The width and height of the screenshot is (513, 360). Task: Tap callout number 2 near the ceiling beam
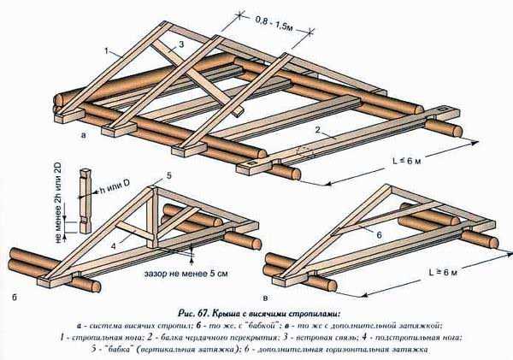pos(317,130)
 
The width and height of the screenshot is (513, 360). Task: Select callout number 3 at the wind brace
pos(181,44)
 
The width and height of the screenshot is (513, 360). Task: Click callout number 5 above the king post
pos(169,174)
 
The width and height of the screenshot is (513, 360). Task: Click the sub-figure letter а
pos(82,134)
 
